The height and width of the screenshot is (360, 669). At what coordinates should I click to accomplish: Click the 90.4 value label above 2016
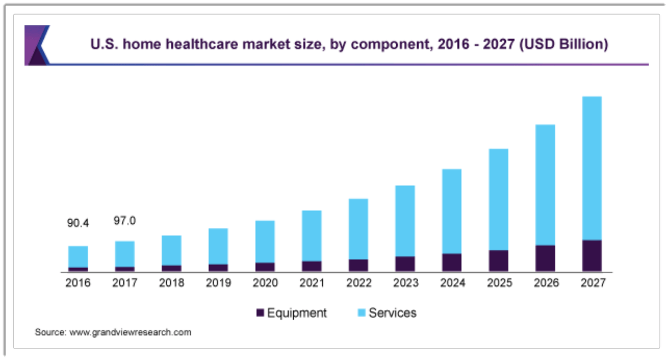click(78, 223)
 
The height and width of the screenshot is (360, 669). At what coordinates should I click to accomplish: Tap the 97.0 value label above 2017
click(125, 221)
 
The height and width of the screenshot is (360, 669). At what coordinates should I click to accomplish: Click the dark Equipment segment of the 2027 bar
click(592, 256)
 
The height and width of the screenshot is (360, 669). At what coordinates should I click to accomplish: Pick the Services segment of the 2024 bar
click(452, 211)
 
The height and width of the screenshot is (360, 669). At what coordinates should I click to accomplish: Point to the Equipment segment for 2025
click(498, 260)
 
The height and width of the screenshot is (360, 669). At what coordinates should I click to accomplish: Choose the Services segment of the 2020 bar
click(265, 241)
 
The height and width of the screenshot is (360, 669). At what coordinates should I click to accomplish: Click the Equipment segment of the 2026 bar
click(545, 258)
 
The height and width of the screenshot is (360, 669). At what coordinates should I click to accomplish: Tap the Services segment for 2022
click(358, 229)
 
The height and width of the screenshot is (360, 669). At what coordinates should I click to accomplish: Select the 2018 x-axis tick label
click(171, 283)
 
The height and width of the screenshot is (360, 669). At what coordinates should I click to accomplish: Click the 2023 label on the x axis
click(405, 283)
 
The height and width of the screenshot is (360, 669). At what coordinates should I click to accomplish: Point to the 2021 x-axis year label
click(312, 283)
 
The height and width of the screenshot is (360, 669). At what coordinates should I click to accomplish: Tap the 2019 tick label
click(218, 283)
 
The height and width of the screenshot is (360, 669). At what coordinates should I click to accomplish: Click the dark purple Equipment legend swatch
click(260, 313)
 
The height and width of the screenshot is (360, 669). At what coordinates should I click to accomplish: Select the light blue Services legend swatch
click(361, 313)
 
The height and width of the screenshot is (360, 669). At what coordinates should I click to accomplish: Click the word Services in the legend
click(393, 313)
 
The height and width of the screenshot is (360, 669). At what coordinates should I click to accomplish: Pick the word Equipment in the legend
click(296, 313)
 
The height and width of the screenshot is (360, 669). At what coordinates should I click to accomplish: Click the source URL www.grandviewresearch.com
click(130, 332)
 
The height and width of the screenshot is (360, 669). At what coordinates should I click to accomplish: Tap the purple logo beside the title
click(37, 45)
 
